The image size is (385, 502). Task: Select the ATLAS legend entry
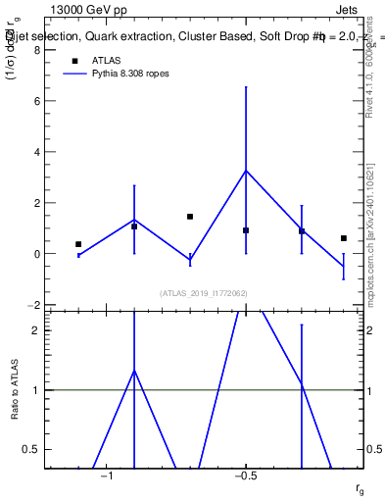(106, 60)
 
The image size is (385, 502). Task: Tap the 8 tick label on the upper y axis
(37, 50)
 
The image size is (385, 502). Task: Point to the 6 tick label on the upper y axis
(37, 101)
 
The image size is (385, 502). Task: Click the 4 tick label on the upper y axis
(37, 152)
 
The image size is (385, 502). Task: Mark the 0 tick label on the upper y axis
(37, 254)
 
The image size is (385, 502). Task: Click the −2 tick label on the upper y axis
(34, 305)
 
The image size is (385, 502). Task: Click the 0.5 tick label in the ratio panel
(32, 449)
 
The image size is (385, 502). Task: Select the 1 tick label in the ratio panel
(37, 390)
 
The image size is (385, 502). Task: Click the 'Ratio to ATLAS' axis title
(14, 388)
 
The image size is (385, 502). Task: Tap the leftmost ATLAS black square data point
(78, 244)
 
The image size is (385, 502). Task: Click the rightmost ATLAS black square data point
(344, 238)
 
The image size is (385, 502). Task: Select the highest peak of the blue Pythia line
(246, 171)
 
